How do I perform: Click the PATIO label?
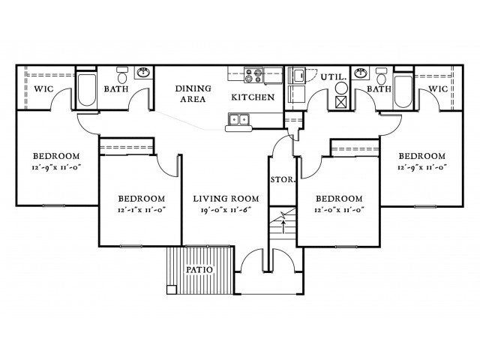tap(198, 270)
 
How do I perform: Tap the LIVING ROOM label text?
tap(226, 199)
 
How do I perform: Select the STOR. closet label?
tap(282, 180)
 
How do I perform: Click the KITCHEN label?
tap(252, 97)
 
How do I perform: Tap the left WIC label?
tap(42, 88)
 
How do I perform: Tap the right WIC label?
tap(438, 88)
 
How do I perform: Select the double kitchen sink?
tap(238, 118)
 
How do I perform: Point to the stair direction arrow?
tap(283, 220)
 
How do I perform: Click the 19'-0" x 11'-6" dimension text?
tap(226, 210)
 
